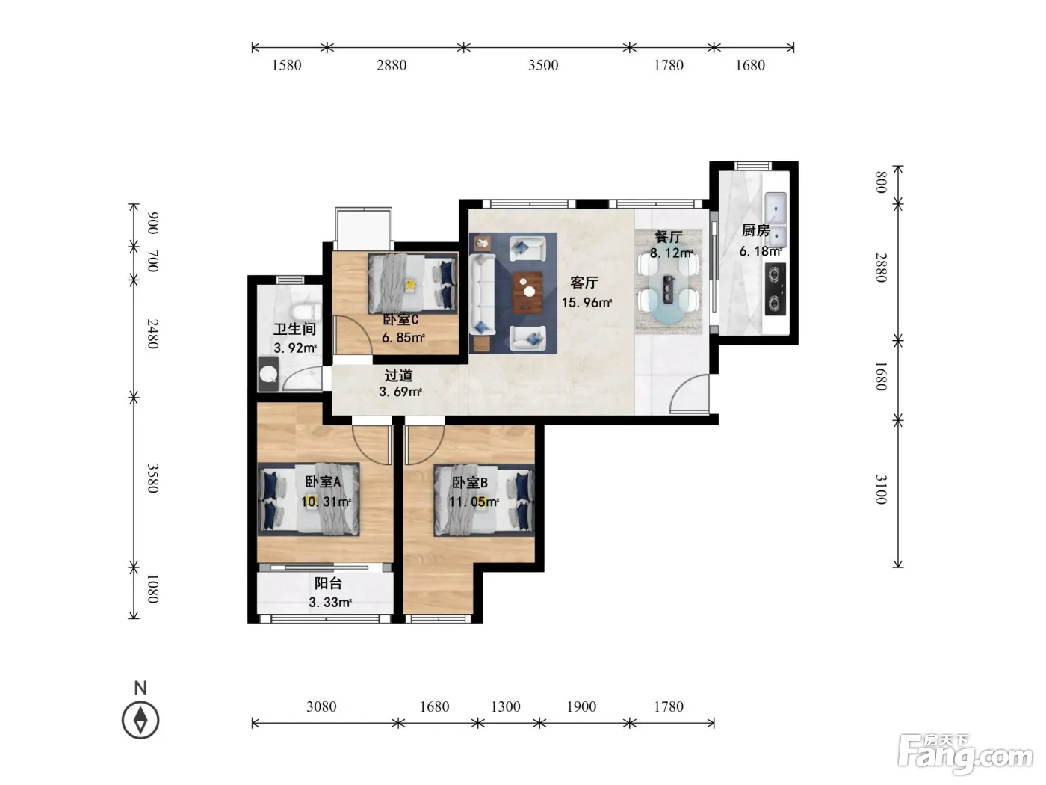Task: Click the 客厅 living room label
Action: click(584, 283)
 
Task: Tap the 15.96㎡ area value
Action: click(587, 303)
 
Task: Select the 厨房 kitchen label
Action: click(756, 231)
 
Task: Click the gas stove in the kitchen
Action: click(776, 289)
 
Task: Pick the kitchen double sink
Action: click(776, 218)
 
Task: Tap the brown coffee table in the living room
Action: click(527, 292)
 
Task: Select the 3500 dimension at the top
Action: click(542, 65)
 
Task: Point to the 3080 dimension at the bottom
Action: click(321, 706)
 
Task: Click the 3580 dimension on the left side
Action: click(152, 478)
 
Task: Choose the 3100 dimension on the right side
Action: click(881, 490)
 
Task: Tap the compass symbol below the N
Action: click(140, 720)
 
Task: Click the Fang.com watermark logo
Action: click(965, 754)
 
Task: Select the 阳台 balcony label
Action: click(328, 583)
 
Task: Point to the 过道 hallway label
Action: click(398, 375)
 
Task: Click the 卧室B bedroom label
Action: click(469, 483)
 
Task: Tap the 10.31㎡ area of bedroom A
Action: click(326, 502)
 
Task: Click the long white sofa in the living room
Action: click(482, 294)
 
